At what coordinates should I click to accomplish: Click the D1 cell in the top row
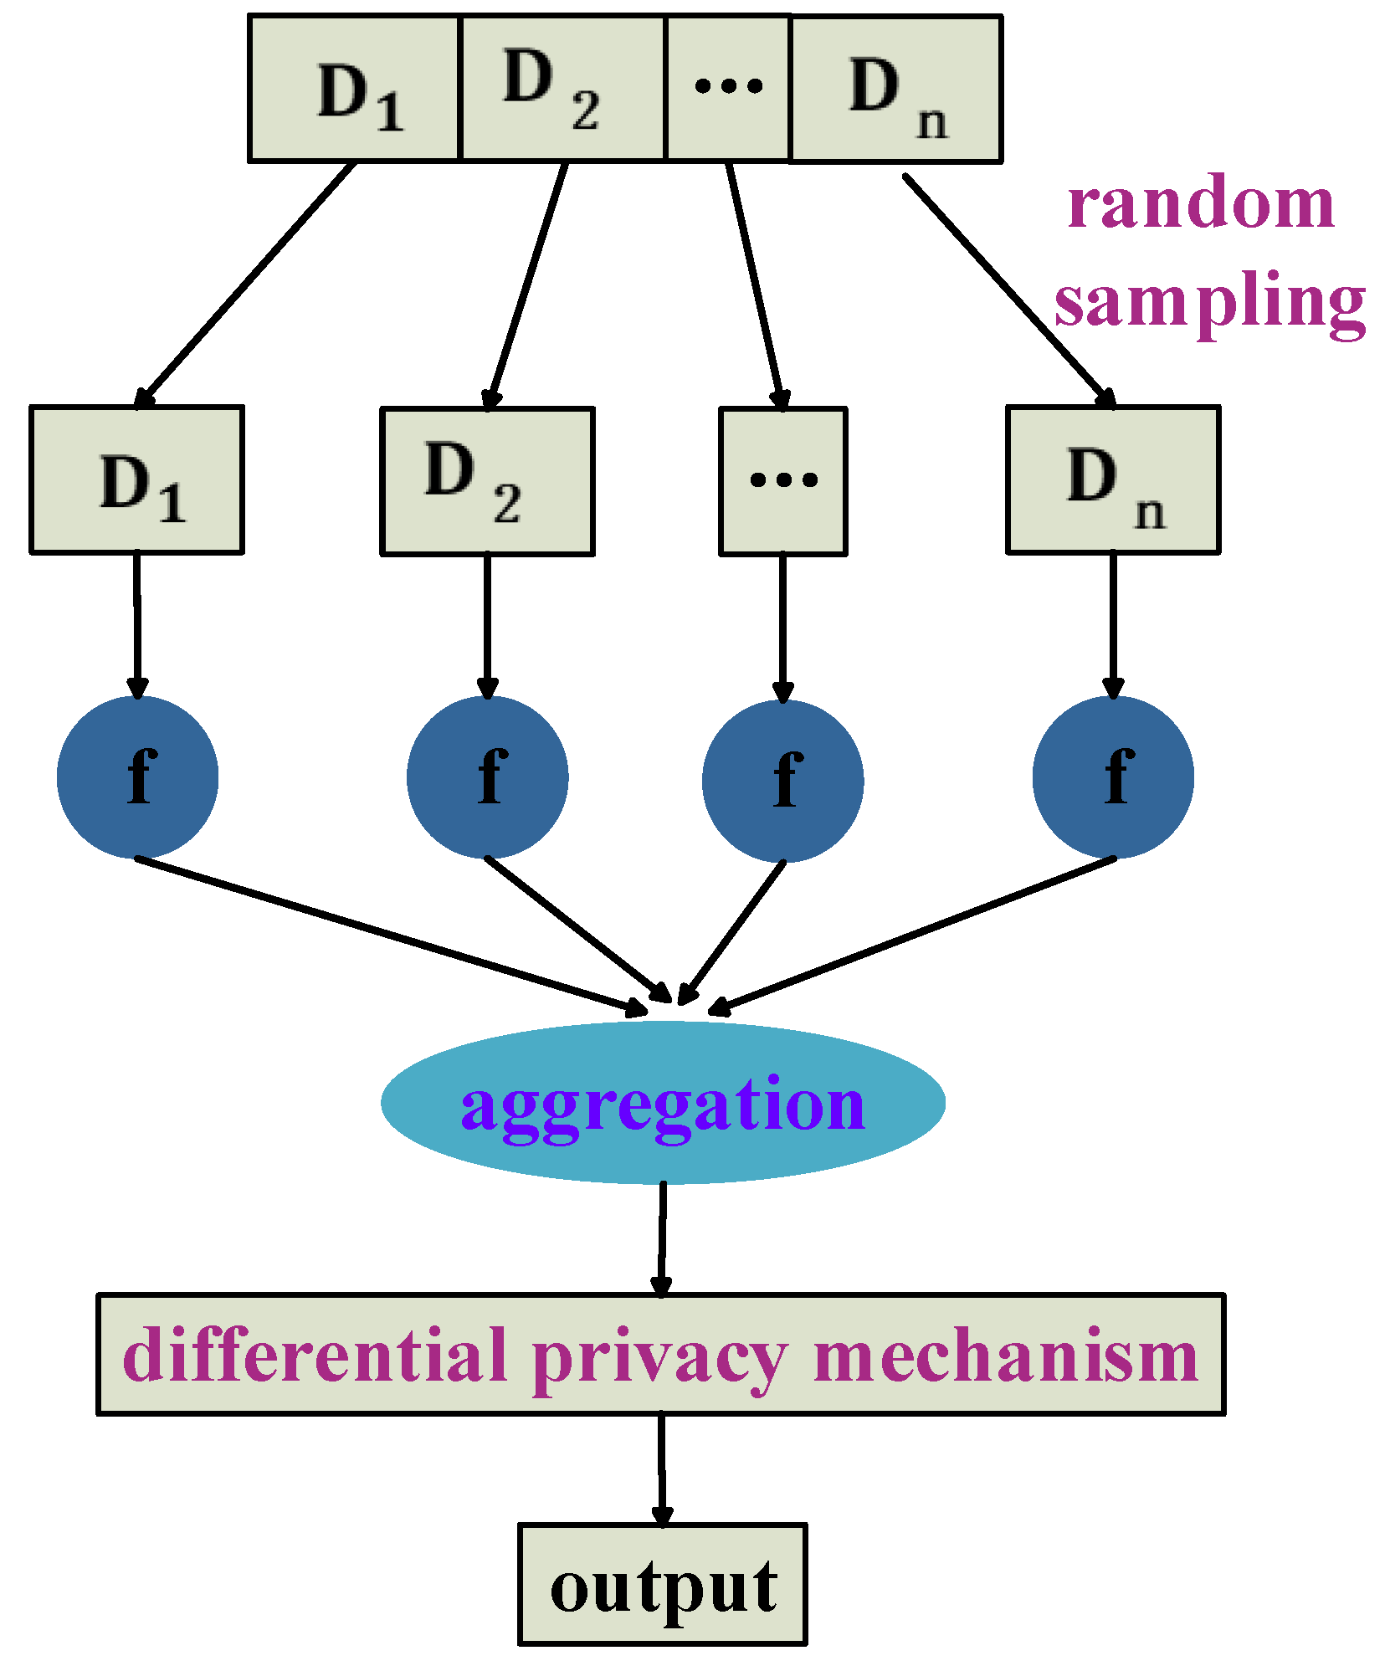(x=355, y=89)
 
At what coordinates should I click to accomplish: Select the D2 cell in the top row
(x=562, y=89)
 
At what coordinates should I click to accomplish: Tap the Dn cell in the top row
(x=895, y=89)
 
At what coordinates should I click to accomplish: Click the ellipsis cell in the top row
(x=727, y=88)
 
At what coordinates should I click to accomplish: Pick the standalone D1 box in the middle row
(x=137, y=480)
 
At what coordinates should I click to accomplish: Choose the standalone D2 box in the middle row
(x=487, y=482)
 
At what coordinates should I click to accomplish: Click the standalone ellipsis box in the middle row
(x=783, y=482)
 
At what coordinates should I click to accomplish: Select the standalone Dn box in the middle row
(x=1113, y=480)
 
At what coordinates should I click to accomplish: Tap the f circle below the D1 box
(x=138, y=777)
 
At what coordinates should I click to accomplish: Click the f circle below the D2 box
(x=488, y=777)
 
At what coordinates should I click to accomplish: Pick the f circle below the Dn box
(x=1113, y=777)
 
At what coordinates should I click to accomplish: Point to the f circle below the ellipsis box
(x=783, y=781)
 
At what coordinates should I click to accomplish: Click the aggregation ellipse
(x=663, y=1103)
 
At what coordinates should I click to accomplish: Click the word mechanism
(x=1005, y=1356)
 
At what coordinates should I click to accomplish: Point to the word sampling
(x=1209, y=302)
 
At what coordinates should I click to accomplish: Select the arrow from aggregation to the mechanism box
(x=663, y=1238)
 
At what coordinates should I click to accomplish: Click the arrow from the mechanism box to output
(x=662, y=1469)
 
